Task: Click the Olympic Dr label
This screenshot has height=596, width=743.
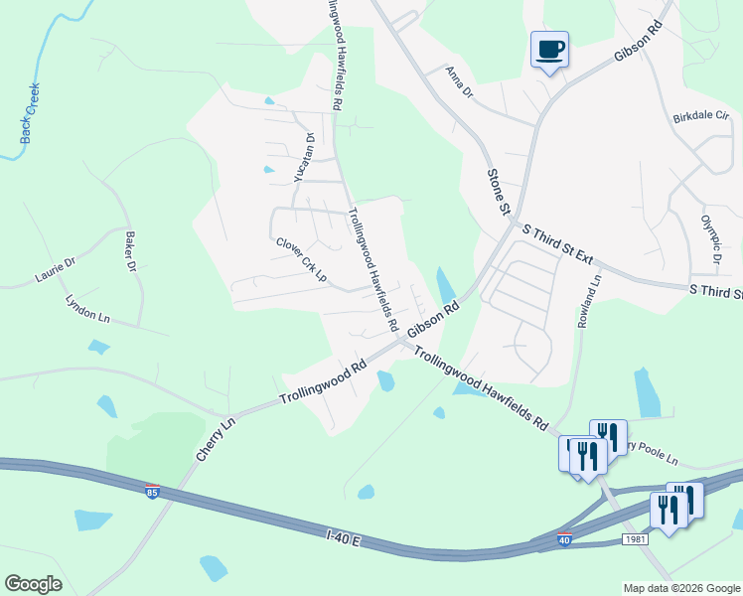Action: click(x=709, y=239)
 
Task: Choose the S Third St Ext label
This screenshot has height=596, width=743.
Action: click(x=557, y=244)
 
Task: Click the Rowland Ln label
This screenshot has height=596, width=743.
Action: click(x=589, y=304)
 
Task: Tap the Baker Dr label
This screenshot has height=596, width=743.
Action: click(x=129, y=252)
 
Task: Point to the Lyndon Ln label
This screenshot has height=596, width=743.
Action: click(x=87, y=307)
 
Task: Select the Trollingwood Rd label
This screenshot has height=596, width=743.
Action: click(x=323, y=380)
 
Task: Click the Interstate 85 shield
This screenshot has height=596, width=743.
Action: click(x=152, y=493)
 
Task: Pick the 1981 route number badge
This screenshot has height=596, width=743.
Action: click(x=637, y=538)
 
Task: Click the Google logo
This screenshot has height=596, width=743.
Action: click(x=33, y=584)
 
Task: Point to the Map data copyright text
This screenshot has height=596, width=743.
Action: click(x=681, y=588)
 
